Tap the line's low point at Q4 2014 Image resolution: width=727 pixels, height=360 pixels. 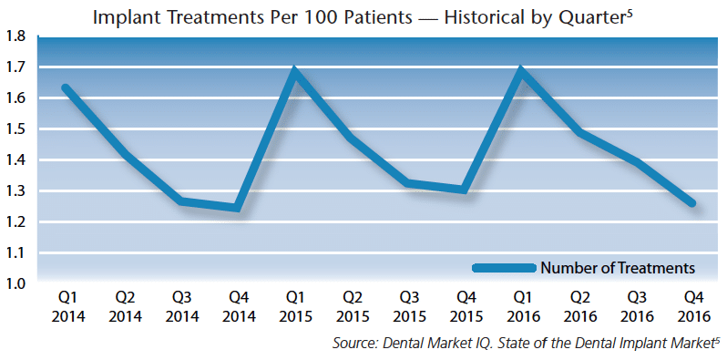coord(238,207)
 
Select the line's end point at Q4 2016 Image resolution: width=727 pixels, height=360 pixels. coord(692,203)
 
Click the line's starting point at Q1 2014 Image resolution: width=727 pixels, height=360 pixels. coord(66,87)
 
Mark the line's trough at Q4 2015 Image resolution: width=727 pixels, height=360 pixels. coord(465,190)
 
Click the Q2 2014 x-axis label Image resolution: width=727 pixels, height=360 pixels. coord(125,307)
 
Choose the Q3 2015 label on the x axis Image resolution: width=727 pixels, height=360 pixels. coord(409,307)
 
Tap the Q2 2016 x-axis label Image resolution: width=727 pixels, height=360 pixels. coord(579,307)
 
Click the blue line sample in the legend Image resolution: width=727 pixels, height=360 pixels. coord(504,268)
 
